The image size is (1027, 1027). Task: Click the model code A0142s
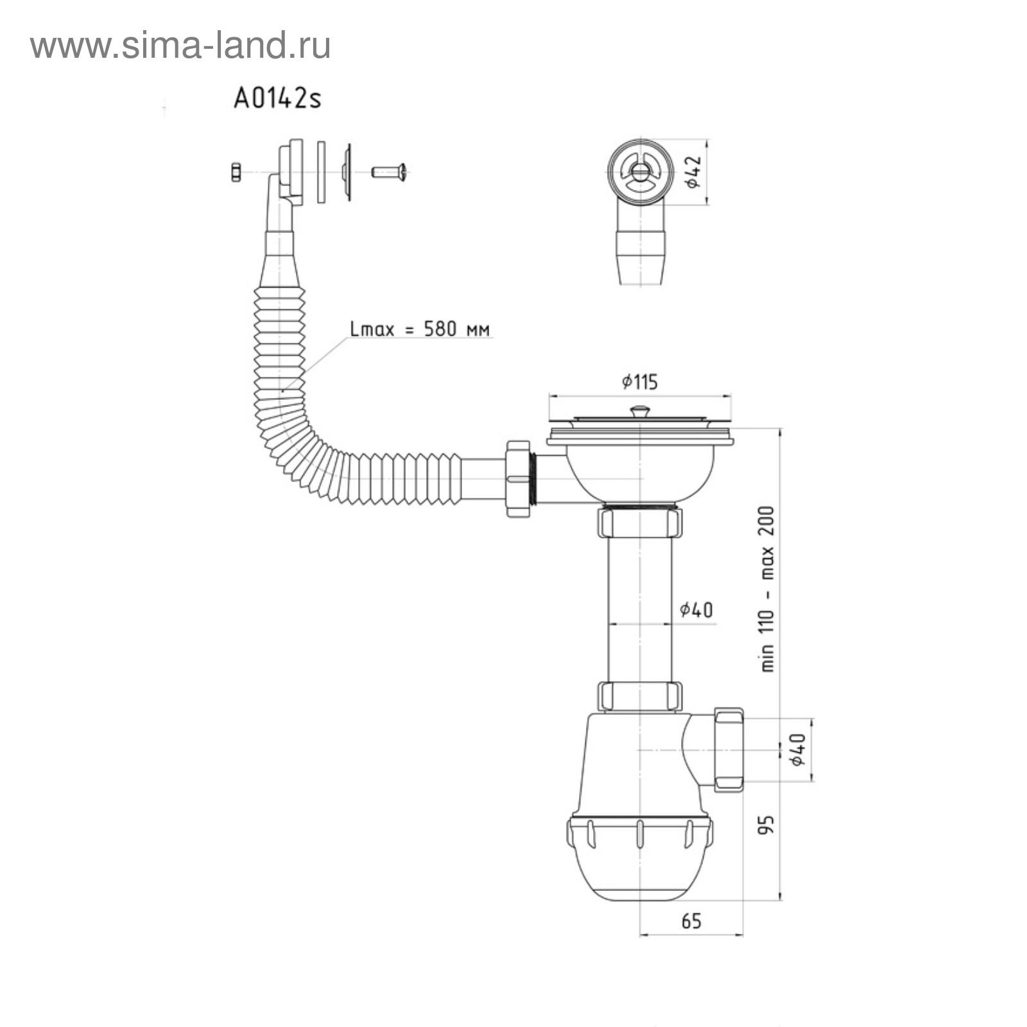coord(277,98)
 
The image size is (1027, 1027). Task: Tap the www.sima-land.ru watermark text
coord(180,46)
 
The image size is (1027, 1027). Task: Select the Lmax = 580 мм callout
coord(420,329)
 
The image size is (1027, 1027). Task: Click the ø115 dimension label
coord(640,382)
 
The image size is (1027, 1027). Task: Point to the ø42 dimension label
coord(693,172)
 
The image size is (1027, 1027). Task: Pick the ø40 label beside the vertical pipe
coord(696,609)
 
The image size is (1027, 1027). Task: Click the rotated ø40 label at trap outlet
coord(798,750)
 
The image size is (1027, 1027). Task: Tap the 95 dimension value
coord(766,825)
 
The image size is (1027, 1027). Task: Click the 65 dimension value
coord(691,921)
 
